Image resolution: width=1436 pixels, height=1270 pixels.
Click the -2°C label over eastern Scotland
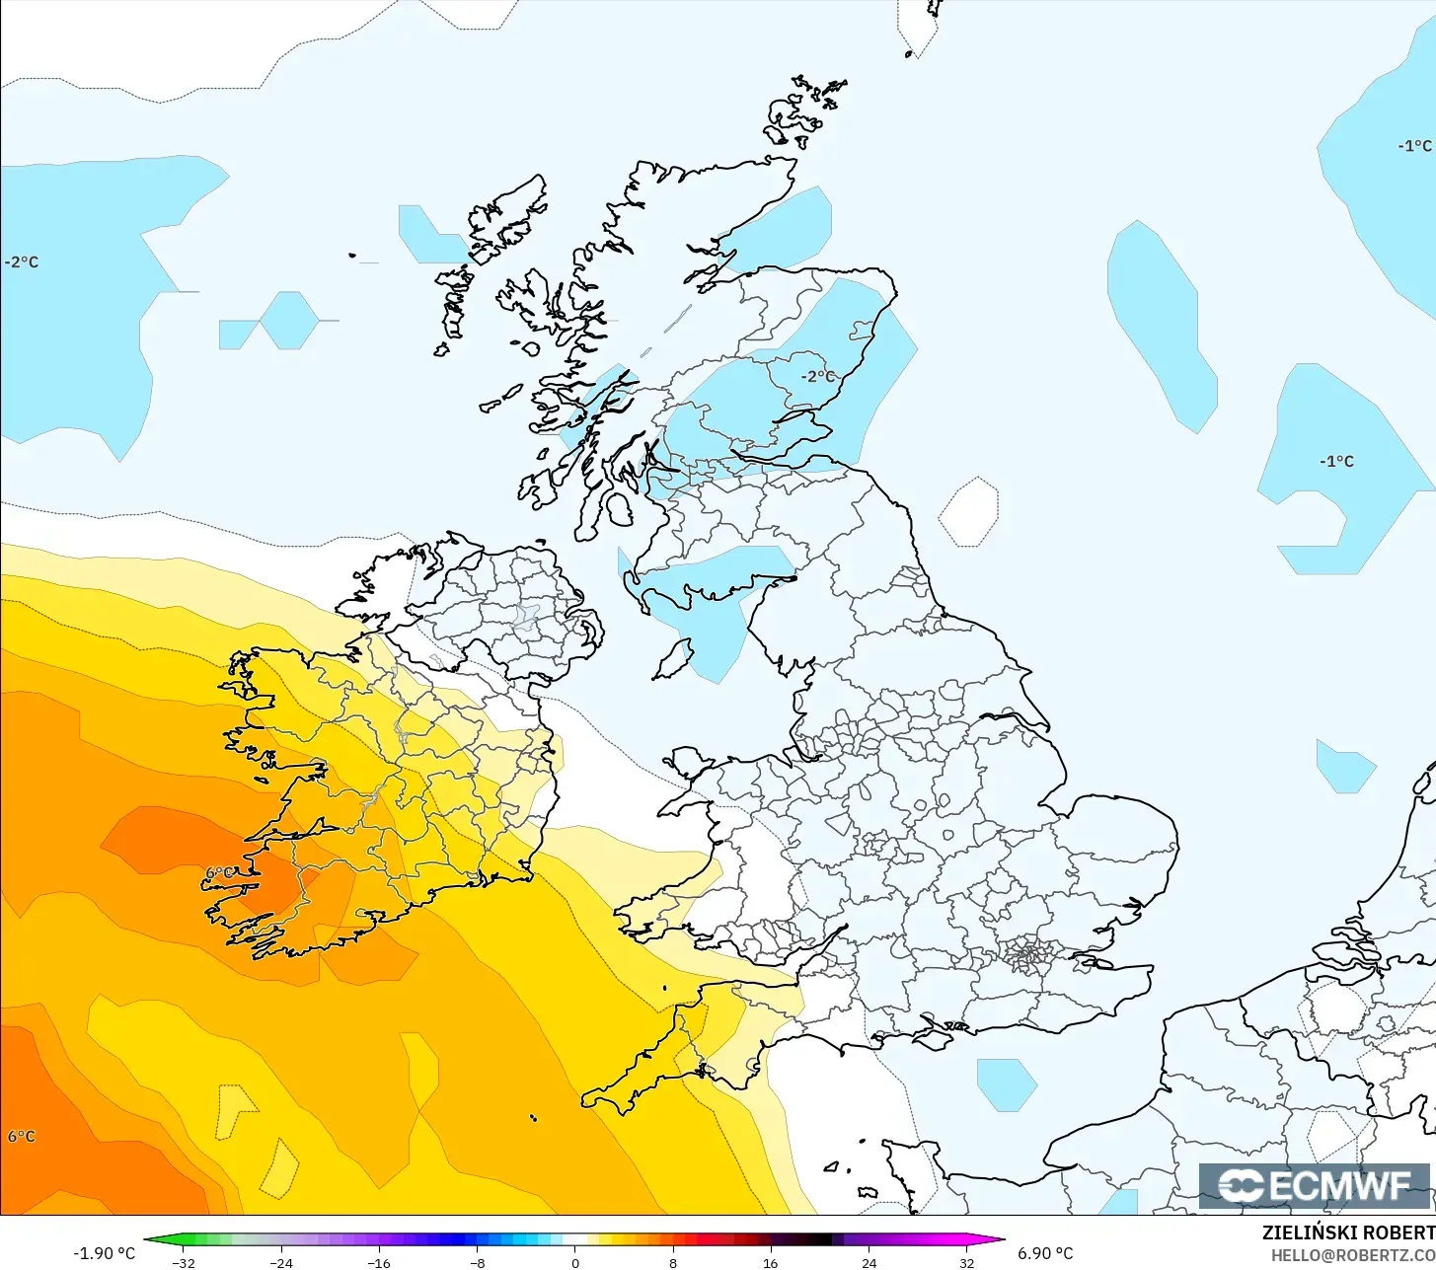point(818,376)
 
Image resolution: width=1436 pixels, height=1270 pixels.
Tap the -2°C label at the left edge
point(22,262)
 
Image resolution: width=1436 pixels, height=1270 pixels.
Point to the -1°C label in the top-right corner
point(1414,146)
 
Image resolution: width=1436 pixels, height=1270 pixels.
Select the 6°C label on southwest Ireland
point(220,873)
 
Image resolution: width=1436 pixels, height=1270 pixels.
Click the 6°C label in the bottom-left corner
point(22,1136)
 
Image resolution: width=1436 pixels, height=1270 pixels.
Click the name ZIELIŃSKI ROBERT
point(1348,1233)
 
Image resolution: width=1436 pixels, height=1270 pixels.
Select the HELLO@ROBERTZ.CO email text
point(1352,1255)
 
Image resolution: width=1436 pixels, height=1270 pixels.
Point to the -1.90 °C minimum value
point(105,1253)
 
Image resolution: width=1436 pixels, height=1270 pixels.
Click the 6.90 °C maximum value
point(1045,1253)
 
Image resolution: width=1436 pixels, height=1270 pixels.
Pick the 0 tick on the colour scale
point(574,1262)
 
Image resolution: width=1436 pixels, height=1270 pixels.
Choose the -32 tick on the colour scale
point(184,1262)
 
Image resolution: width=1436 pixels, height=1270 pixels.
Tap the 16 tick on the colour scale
point(770,1262)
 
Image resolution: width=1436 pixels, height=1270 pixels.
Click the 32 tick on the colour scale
point(966,1262)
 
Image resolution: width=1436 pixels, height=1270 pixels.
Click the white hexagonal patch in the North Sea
point(969,511)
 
